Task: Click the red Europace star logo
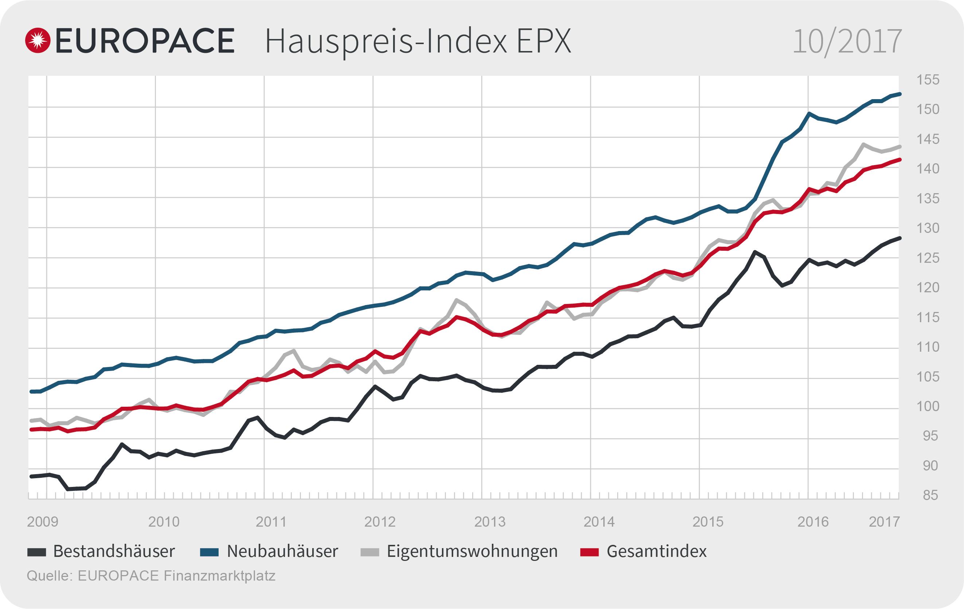coord(38,40)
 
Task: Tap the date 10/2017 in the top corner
coord(847,41)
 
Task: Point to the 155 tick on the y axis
coord(928,80)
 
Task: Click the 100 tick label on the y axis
coord(928,406)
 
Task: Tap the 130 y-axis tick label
coord(928,228)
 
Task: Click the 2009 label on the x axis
coord(42,522)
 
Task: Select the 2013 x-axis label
coord(490,522)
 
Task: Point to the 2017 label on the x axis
coord(884,522)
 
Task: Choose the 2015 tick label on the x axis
coord(708,522)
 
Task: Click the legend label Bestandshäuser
coord(114,552)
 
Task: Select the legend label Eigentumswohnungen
coord(472,552)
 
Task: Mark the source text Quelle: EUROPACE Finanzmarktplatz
coord(151,576)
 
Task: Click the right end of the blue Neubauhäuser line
coord(900,94)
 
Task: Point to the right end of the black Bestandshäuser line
coord(900,238)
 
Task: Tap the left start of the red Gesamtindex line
coord(31,430)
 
